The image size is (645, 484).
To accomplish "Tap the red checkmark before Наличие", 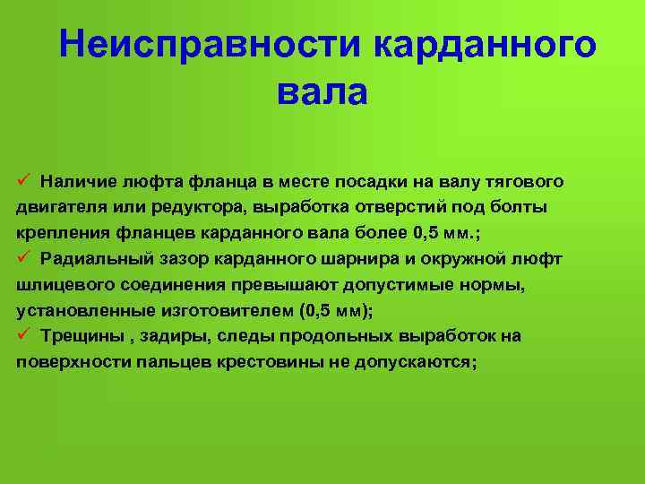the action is click(x=23, y=179).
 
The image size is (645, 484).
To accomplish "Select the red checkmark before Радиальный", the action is click(x=23, y=257).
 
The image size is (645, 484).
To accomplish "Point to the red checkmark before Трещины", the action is click(x=23, y=333).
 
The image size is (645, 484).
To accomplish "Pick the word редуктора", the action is click(x=200, y=207).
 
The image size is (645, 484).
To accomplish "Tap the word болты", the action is click(x=519, y=207).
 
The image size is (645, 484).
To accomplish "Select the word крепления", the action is click(x=64, y=233).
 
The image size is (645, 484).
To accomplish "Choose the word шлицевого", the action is click(x=65, y=285).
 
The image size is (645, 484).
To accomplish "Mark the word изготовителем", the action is click(x=228, y=311).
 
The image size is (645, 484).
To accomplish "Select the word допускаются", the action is click(x=416, y=362).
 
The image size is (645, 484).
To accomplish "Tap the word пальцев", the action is click(x=174, y=362).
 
